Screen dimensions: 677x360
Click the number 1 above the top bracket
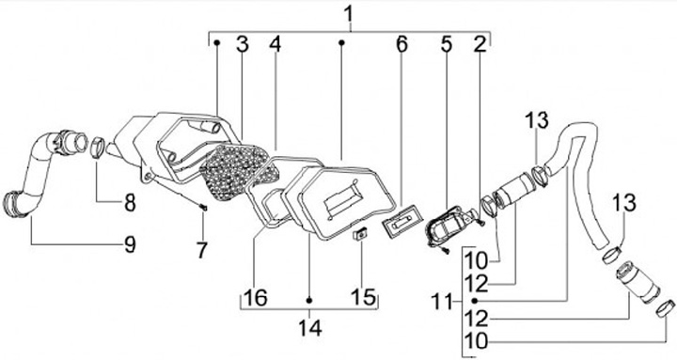pyautogui.click(x=349, y=15)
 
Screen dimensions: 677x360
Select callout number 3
pyautogui.click(x=243, y=43)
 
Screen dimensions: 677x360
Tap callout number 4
pyautogui.click(x=275, y=43)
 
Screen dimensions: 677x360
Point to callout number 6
pyautogui.click(x=401, y=43)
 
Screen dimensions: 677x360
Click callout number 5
pyautogui.click(x=446, y=43)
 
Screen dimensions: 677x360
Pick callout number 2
pyautogui.click(x=480, y=43)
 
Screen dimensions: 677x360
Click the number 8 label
pyautogui.click(x=130, y=201)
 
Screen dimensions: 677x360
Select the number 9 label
pyautogui.click(x=130, y=244)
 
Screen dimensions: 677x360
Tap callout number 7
pyautogui.click(x=201, y=250)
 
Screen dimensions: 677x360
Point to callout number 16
pyautogui.click(x=255, y=297)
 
